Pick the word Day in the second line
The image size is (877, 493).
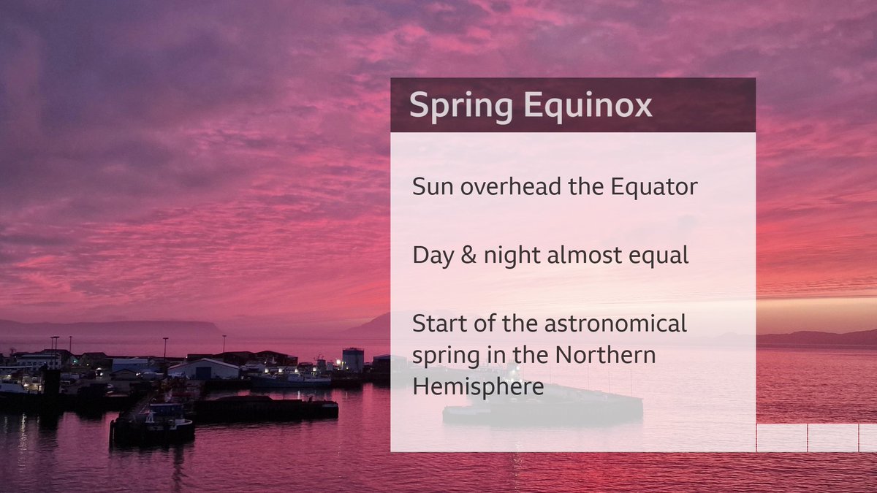coord(434,255)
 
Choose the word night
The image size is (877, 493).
coord(515,255)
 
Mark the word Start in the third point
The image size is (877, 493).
coord(438,323)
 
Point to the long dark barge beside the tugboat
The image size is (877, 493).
coord(263,408)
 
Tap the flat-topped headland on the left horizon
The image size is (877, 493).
coord(110,328)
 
